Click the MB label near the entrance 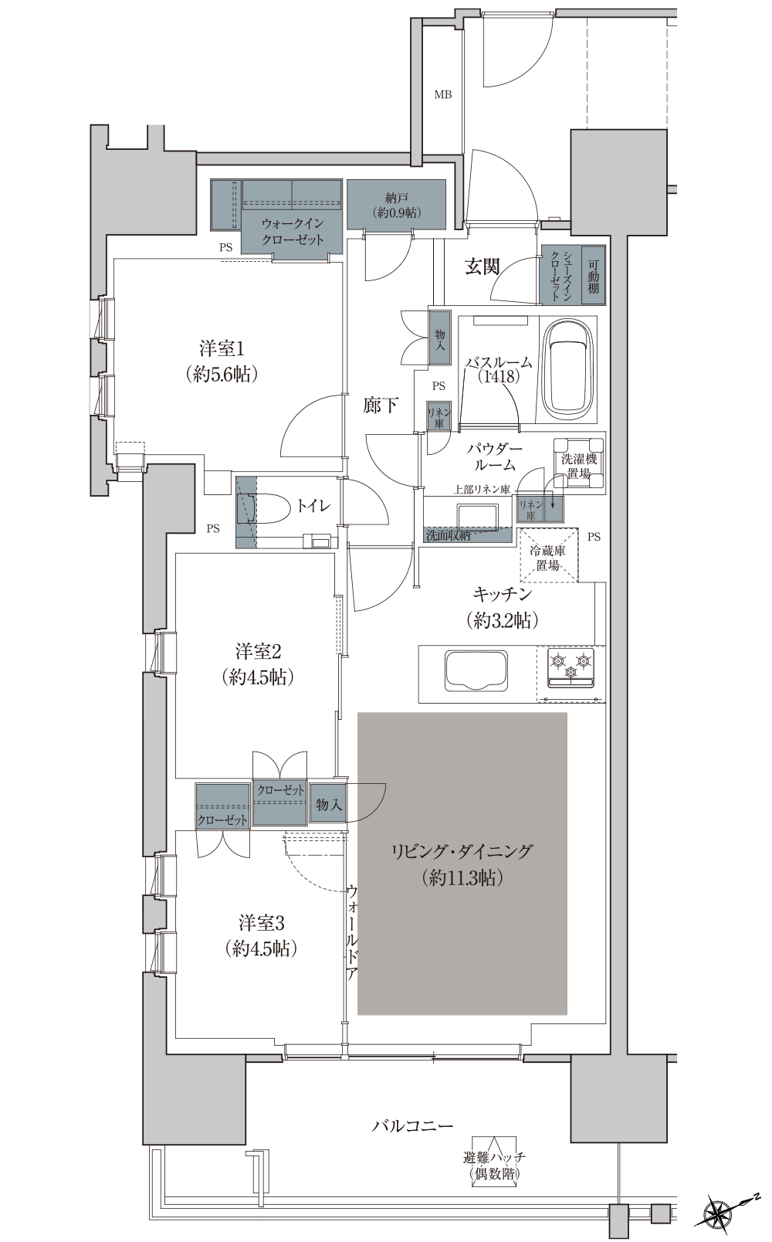(x=442, y=95)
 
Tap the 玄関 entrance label (x=482, y=266)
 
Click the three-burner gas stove (x=571, y=667)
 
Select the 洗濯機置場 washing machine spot (x=578, y=465)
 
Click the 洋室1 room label (x=222, y=361)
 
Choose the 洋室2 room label (x=258, y=663)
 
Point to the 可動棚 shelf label (x=593, y=275)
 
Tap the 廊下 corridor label (x=381, y=406)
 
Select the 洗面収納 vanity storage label (x=449, y=535)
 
